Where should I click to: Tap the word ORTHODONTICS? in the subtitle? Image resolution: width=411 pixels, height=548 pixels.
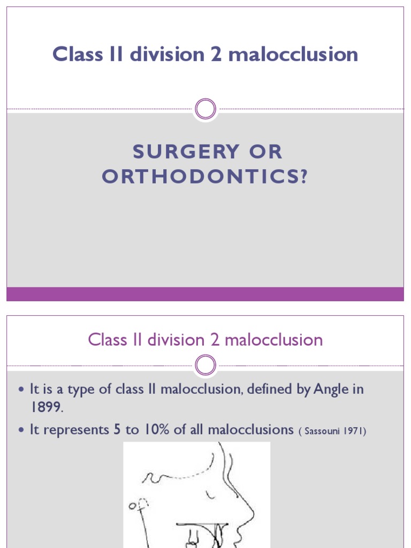click(x=205, y=177)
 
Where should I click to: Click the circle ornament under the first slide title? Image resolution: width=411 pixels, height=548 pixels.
click(x=205, y=109)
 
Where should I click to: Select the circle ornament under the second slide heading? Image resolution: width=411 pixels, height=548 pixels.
click(x=205, y=366)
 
